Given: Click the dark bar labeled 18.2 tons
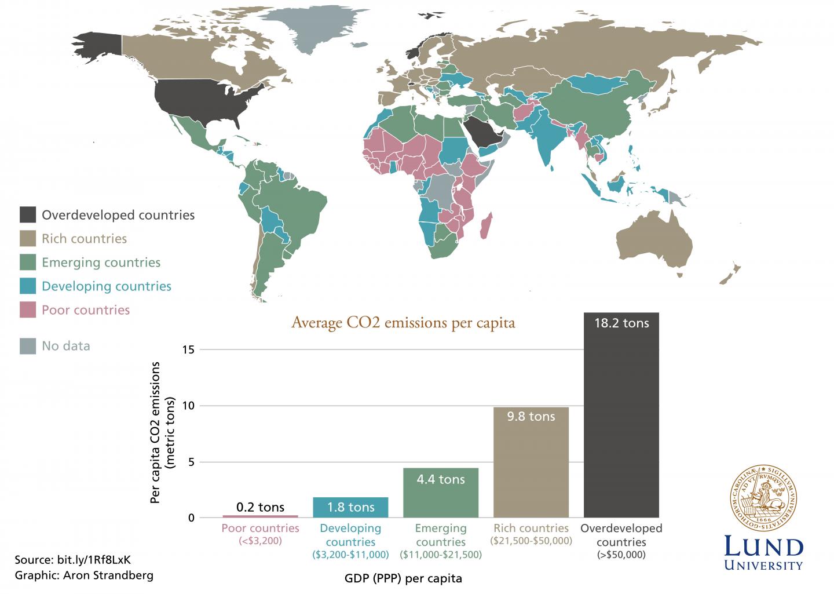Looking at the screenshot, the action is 621,415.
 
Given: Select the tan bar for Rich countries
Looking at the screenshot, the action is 531,462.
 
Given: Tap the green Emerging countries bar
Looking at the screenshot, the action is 441,493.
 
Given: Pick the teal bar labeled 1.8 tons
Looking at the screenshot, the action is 350,507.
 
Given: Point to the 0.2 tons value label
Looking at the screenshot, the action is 260,507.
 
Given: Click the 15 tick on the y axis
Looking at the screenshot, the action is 189,349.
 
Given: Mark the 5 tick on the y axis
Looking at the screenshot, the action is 191,462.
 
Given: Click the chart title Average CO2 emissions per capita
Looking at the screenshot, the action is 403,323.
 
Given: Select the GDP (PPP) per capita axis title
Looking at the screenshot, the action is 403,578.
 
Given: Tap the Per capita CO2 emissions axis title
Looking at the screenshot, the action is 162,433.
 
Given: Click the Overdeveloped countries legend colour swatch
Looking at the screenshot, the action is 28,214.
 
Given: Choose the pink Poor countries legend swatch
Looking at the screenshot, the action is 28,309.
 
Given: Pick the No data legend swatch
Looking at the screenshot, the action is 28,346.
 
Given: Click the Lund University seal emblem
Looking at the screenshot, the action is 763,498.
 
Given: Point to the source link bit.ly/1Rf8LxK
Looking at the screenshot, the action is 94,560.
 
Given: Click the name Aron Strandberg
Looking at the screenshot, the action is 108,575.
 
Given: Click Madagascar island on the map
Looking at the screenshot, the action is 486,226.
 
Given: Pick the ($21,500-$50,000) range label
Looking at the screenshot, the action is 531,541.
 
